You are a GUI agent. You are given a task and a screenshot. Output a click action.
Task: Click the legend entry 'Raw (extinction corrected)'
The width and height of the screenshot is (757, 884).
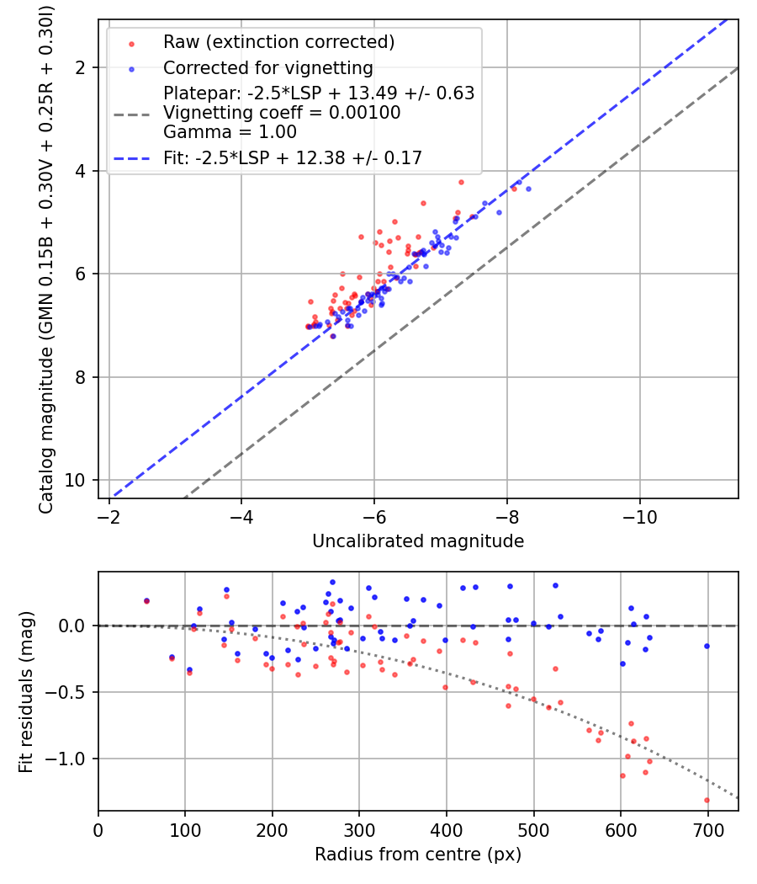pyautogui.click(x=278, y=42)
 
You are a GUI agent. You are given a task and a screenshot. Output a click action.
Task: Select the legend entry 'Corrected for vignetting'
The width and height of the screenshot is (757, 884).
pyautogui.click(x=268, y=67)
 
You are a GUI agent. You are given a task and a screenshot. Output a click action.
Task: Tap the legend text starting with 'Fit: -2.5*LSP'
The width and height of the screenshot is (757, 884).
pyautogui.click(x=293, y=157)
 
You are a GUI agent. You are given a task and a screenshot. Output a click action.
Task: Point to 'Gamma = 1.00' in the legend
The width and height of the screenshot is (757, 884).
pyautogui.click(x=230, y=132)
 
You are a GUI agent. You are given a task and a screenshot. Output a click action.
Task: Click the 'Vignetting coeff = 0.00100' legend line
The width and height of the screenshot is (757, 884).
pyautogui.click(x=282, y=113)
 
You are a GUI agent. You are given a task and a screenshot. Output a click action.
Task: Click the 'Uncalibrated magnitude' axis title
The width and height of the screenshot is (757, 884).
pyautogui.click(x=418, y=541)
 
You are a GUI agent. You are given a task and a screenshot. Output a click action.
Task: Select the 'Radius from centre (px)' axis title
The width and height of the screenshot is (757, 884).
pyautogui.click(x=418, y=855)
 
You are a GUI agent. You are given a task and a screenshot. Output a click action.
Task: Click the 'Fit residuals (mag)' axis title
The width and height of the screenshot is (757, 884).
pyautogui.click(x=25, y=690)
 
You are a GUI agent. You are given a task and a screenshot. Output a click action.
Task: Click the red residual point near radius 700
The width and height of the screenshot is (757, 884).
pyautogui.click(x=707, y=800)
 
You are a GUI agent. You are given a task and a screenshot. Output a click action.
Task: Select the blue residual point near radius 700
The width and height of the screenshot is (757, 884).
pyautogui.click(x=707, y=646)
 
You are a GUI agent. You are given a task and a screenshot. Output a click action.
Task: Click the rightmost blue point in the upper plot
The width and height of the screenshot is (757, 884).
pyautogui.click(x=528, y=189)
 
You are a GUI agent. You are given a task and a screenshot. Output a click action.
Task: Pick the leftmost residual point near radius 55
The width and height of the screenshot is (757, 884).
pyautogui.click(x=146, y=600)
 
